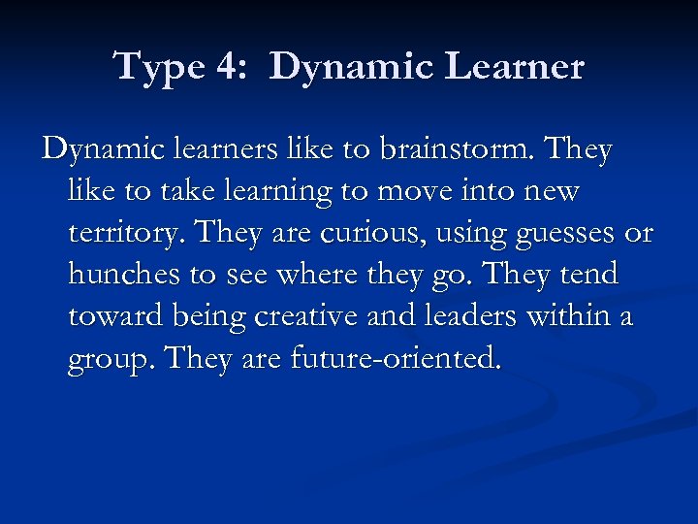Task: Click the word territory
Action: tap(121, 235)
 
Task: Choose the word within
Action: tap(564, 317)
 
